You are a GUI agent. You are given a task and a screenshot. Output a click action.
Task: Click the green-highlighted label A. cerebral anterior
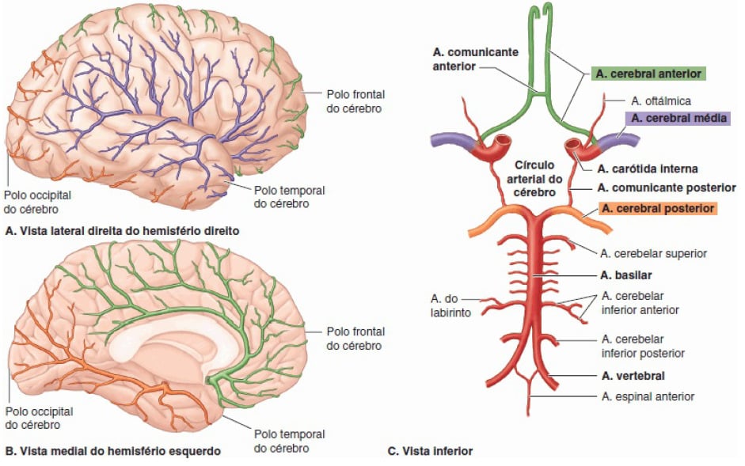[x=647, y=74]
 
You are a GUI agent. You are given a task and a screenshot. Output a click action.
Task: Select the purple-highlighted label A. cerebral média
[x=677, y=118]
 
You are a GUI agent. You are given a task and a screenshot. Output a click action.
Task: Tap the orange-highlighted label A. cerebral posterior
[x=656, y=209]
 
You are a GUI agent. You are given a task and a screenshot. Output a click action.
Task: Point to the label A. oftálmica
[x=660, y=100]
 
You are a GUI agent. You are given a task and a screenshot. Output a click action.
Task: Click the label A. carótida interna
[x=647, y=169]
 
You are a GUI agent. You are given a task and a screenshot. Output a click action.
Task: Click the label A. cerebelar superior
[x=654, y=253]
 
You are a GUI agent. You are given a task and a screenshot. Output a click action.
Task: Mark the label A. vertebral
[x=632, y=376]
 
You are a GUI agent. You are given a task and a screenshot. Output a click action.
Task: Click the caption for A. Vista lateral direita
[x=122, y=232]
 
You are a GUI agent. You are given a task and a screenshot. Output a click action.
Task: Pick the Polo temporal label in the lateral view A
[x=289, y=197]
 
